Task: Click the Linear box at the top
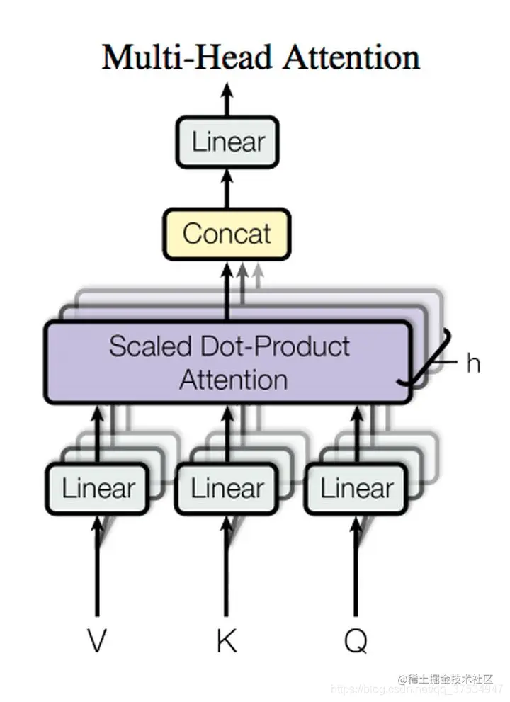(227, 142)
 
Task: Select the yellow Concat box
(227, 233)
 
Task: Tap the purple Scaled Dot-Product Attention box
(227, 363)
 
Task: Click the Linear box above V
(97, 488)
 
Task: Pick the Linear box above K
(227, 488)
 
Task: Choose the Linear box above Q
(356, 488)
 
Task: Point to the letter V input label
(97, 641)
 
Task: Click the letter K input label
(227, 641)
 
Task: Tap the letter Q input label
(356, 641)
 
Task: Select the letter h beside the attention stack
(472, 363)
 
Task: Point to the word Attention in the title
(351, 57)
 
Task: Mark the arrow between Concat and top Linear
(227, 188)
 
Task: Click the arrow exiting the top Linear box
(227, 99)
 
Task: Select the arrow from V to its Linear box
(97, 567)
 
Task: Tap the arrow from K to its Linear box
(227, 567)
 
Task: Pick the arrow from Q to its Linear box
(356, 567)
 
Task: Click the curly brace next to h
(432, 361)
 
